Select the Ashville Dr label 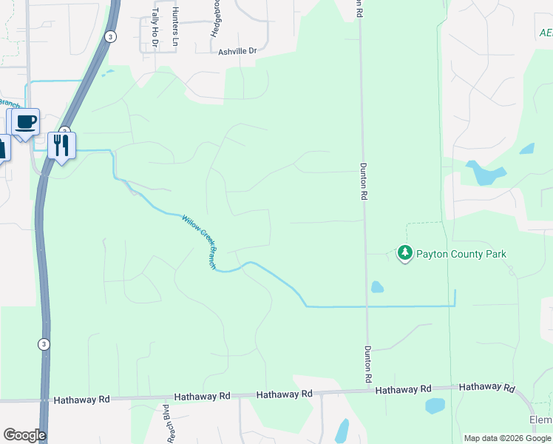point(237,52)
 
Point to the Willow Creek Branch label point(200,240)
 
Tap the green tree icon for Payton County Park point(404,254)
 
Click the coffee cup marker point(26,122)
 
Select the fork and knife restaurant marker point(61,144)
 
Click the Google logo point(24,435)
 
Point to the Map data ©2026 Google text point(506,438)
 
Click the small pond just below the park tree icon point(377,286)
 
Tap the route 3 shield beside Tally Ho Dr point(110,36)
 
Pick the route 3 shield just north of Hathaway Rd point(44,344)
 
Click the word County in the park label point(472,254)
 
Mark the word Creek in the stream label point(202,235)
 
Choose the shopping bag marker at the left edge point(2,147)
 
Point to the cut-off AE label point(546,33)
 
